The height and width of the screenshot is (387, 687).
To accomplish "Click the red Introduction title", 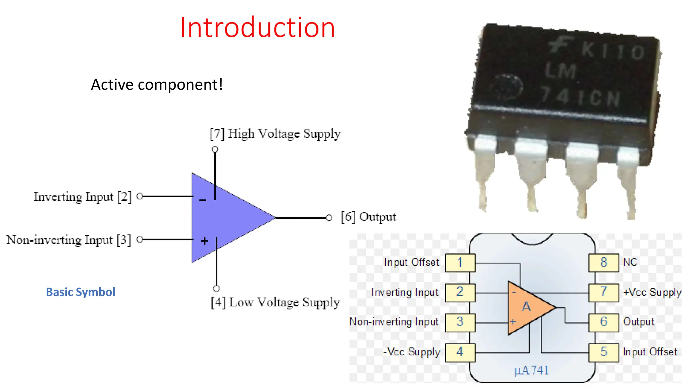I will [x=257, y=28].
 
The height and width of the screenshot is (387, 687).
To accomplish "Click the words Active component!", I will [x=157, y=85].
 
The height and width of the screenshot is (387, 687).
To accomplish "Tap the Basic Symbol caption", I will [x=81, y=292].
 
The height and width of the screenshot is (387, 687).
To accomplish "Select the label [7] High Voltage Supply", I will [x=275, y=134].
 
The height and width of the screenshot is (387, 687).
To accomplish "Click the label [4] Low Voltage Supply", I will [x=275, y=302].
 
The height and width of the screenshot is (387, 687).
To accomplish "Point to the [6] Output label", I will [x=368, y=217].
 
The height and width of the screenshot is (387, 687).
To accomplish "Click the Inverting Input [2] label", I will [x=83, y=197].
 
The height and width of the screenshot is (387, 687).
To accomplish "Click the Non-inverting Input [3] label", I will [x=69, y=240].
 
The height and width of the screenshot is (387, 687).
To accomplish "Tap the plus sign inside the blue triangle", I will [x=204, y=241].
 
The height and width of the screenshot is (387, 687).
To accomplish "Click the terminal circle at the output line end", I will [x=329, y=218].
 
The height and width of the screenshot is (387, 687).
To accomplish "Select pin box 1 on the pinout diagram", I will [x=460, y=262].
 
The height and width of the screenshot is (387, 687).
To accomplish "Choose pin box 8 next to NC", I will [x=603, y=262].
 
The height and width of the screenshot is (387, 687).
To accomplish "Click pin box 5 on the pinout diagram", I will [x=603, y=352].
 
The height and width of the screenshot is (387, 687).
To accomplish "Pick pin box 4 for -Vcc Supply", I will [x=460, y=352].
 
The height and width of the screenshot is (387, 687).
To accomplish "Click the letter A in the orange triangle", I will [x=526, y=306].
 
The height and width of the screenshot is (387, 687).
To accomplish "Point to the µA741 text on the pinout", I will [x=531, y=370].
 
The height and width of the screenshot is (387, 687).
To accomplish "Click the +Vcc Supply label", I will [x=652, y=292].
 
